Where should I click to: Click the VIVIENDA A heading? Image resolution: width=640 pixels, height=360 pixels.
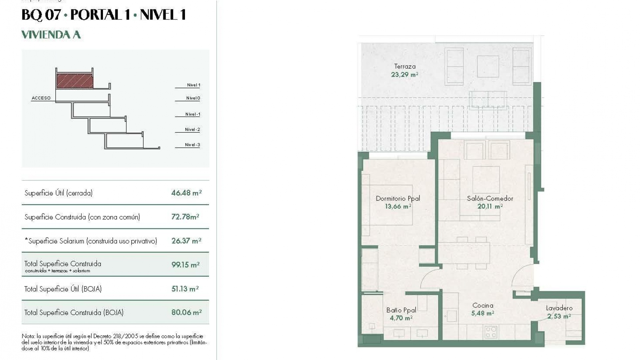(51, 35)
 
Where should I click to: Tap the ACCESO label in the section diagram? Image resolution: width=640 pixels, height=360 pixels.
(41, 98)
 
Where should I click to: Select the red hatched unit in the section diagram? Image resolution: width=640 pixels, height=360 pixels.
(75, 81)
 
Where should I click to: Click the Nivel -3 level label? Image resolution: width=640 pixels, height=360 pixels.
(192, 145)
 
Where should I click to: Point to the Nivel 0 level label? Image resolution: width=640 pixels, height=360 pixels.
(193, 98)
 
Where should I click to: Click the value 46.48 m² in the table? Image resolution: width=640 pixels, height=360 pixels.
(186, 193)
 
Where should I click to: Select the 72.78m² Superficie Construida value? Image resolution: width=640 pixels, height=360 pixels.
(185, 217)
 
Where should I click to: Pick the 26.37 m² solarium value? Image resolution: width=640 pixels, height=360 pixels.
(186, 241)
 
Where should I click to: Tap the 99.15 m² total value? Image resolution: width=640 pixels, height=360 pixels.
(185, 265)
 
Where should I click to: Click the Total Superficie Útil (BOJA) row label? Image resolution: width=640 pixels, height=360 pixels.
(63, 289)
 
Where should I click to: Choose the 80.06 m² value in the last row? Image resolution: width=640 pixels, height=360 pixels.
(186, 312)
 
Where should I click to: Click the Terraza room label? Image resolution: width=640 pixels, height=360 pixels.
(405, 66)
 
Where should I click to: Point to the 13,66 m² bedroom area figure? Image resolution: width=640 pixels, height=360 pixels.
(398, 206)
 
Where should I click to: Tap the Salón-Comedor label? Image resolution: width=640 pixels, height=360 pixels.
(490, 198)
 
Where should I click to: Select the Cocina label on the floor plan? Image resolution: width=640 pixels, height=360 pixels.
(483, 305)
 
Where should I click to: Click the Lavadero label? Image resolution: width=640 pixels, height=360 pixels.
(559, 308)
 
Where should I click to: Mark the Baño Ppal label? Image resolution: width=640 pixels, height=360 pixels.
(401, 310)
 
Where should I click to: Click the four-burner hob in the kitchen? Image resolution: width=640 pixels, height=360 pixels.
(491, 332)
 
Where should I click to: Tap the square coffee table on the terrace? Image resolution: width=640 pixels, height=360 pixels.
(488, 67)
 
